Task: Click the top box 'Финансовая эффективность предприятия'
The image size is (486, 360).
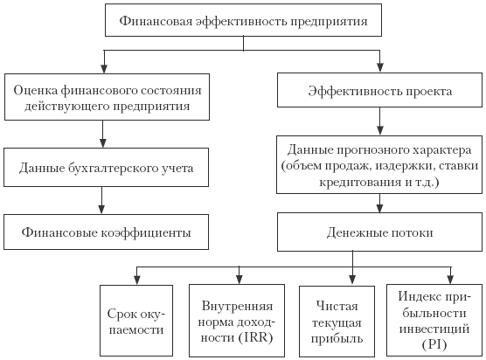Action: tap(243, 20)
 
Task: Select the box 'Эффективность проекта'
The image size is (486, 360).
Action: tap(379, 90)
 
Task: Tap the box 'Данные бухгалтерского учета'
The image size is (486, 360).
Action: tap(106, 167)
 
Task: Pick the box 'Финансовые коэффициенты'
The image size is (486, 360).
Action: tap(106, 232)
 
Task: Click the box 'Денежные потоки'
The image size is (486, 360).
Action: tap(379, 232)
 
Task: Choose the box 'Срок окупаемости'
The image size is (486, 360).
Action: tap(136, 321)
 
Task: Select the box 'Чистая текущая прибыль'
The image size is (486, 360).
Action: tap(337, 322)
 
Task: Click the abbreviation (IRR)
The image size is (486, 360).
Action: tap(256, 337)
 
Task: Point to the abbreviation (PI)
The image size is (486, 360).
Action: tap(434, 344)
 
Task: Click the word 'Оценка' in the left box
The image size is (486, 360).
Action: tap(36, 91)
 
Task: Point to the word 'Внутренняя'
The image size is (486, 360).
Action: tap(237, 306)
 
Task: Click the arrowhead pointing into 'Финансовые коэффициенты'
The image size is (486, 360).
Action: tap(101, 209)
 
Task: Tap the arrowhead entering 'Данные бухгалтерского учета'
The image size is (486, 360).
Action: tap(102, 142)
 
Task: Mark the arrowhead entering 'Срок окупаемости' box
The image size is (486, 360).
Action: tap(136, 280)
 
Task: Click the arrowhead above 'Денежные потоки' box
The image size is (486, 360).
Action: tap(379, 208)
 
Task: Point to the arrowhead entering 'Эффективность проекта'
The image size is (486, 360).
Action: tap(379, 68)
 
